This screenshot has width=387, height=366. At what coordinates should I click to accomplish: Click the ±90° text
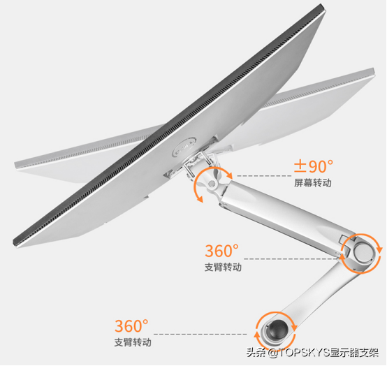(x=313, y=166)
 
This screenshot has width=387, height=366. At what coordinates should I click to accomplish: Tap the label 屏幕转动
(x=313, y=183)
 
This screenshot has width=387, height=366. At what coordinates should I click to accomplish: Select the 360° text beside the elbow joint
(x=221, y=251)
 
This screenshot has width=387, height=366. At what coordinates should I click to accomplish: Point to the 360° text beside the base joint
(x=131, y=325)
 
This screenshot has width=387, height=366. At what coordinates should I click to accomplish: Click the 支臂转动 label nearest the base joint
(x=133, y=342)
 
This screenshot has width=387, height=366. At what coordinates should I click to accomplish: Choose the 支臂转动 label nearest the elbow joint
(x=223, y=267)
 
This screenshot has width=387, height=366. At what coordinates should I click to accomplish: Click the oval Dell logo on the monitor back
(x=184, y=147)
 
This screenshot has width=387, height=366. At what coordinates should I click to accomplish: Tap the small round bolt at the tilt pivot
(x=212, y=183)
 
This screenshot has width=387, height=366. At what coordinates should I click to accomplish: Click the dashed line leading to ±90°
(x=264, y=176)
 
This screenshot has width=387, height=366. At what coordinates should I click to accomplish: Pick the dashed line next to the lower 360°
(x=200, y=334)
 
